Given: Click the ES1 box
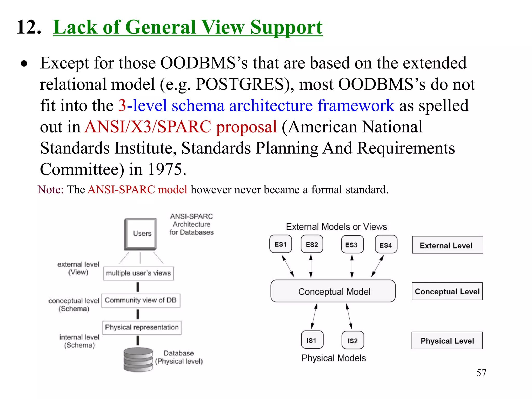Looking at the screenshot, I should click(x=281, y=244).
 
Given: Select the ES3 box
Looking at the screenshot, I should click(x=352, y=244).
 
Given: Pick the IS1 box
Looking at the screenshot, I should click(x=312, y=340).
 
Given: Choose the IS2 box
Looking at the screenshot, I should click(x=353, y=340).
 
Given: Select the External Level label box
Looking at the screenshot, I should click(x=447, y=245).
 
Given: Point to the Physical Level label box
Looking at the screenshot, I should click(x=447, y=340).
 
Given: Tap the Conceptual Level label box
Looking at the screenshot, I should click(x=447, y=291).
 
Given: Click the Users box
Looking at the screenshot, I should click(x=141, y=234).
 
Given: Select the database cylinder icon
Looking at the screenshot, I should click(x=138, y=359).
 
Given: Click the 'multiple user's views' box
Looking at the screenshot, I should click(x=138, y=273).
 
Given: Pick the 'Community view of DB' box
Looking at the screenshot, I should click(x=141, y=301).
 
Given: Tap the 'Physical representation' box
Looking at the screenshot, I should click(x=142, y=328).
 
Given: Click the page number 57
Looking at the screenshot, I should click(x=481, y=373).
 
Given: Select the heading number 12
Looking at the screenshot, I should click(x=29, y=27).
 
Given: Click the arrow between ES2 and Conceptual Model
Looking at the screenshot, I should click(x=311, y=266).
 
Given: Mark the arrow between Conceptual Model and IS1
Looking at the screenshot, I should click(x=314, y=316).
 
